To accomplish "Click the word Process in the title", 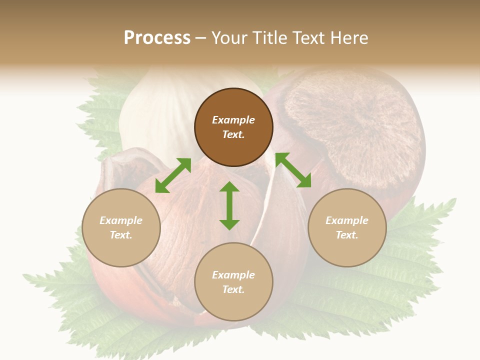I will [157, 38].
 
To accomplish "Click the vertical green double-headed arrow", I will [229, 205].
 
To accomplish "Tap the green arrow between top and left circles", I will [173, 175].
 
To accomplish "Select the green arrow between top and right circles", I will [293, 170].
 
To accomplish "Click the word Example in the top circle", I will [233, 120].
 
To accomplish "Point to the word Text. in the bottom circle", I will [233, 289].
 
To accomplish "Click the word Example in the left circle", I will [121, 220].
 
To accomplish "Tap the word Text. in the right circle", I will [347, 235].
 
